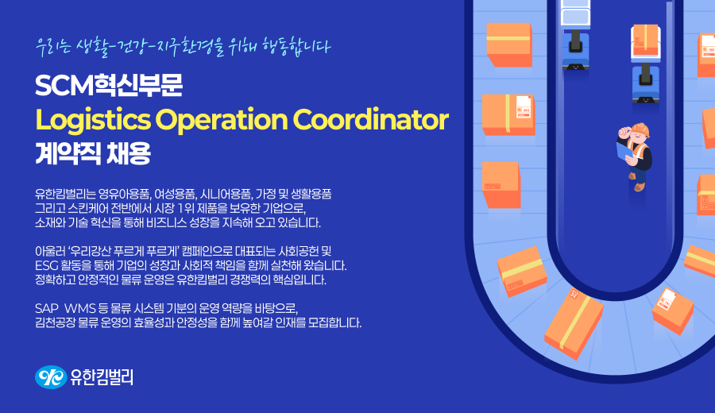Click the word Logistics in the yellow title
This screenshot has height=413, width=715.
93,120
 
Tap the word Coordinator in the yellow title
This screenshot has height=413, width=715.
371,119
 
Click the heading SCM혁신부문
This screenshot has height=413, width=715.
109,85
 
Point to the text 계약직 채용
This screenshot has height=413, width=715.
93,153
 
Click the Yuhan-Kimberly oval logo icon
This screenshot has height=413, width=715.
51,377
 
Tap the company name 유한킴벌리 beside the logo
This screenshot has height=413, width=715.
101,377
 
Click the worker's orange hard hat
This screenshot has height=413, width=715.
640,129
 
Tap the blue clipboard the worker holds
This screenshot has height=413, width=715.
624,152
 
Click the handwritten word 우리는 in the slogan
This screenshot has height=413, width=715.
54,47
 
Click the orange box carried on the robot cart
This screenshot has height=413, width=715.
646,41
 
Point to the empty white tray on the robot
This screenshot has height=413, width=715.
575,13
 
